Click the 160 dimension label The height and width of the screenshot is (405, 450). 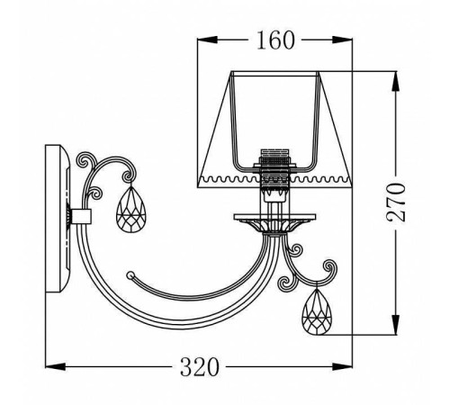(275, 40)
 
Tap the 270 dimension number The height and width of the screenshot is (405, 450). (396, 202)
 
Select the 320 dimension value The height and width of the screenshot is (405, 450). (199, 367)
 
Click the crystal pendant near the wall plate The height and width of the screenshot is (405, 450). (130, 210)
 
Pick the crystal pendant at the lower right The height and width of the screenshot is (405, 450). (317, 312)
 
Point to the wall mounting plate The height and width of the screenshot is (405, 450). (58, 219)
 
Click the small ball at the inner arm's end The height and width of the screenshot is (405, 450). (130, 274)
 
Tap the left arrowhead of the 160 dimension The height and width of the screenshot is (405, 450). (207, 40)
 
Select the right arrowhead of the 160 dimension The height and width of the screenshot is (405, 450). (342, 40)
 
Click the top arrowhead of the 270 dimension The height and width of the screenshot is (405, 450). (396, 81)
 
